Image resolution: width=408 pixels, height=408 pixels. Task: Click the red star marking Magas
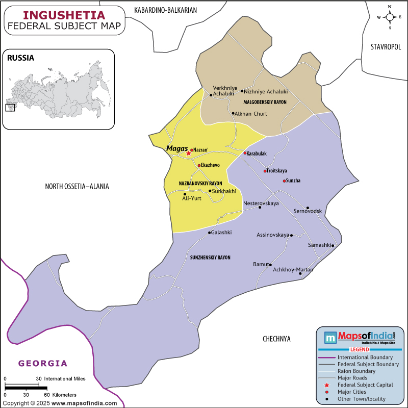pyautogui.click(x=188, y=153)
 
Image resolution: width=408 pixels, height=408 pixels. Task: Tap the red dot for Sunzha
pyautogui.click(x=284, y=181)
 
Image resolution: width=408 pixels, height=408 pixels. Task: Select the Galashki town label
pyautogui.click(x=220, y=233)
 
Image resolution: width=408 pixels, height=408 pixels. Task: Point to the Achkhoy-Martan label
pyautogui.click(x=293, y=269)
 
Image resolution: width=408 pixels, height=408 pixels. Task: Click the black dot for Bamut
pyautogui.click(x=270, y=264)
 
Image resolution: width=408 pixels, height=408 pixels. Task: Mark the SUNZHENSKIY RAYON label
pyautogui.click(x=210, y=258)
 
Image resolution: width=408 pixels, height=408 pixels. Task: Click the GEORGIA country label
pyautogui.click(x=43, y=364)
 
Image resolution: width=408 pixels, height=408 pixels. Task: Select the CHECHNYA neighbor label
pyautogui.click(x=276, y=339)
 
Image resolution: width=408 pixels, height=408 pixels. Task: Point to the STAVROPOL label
pyautogui.click(x=386, y=47)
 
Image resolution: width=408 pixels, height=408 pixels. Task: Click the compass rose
pyautogui.click(x=390, y=17)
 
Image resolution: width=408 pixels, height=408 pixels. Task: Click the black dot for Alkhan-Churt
pyautogui.click(x=233, y=113)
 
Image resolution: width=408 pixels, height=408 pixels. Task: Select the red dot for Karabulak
pyautogui.click(x=245, y=153)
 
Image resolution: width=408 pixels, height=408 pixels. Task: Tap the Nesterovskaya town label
pyautogui.click(x=261, y=203)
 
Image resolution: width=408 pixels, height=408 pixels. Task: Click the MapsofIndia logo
pyautogui.click(x=360, y=337)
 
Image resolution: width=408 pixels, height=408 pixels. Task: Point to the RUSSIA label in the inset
pyautogui.click(x=20, y=58)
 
